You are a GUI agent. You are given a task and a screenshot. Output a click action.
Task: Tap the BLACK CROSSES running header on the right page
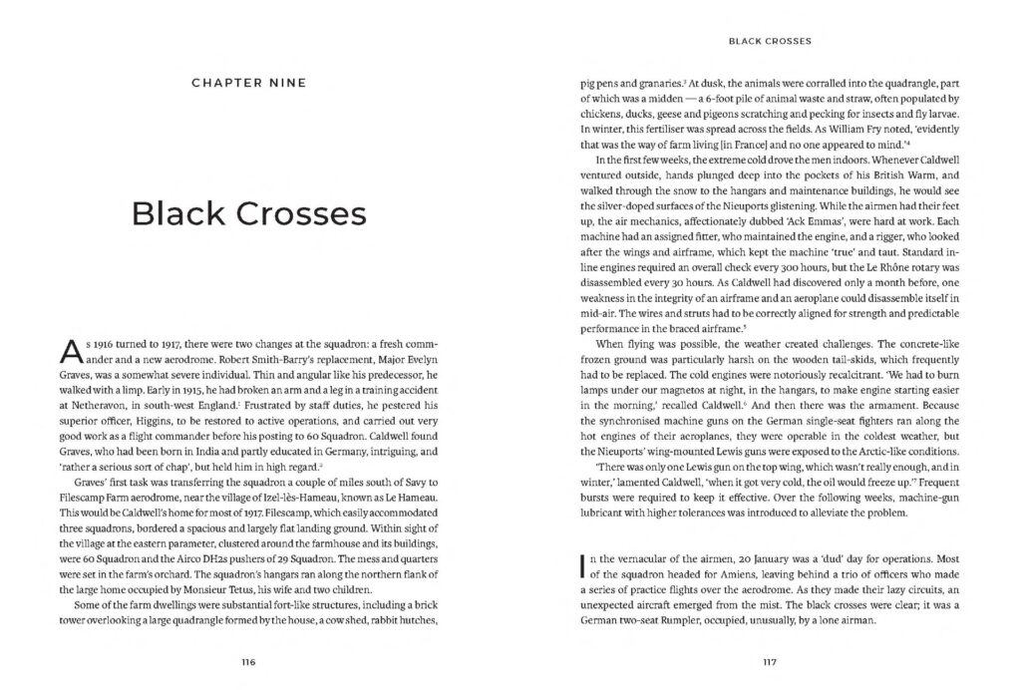coord(769,42)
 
